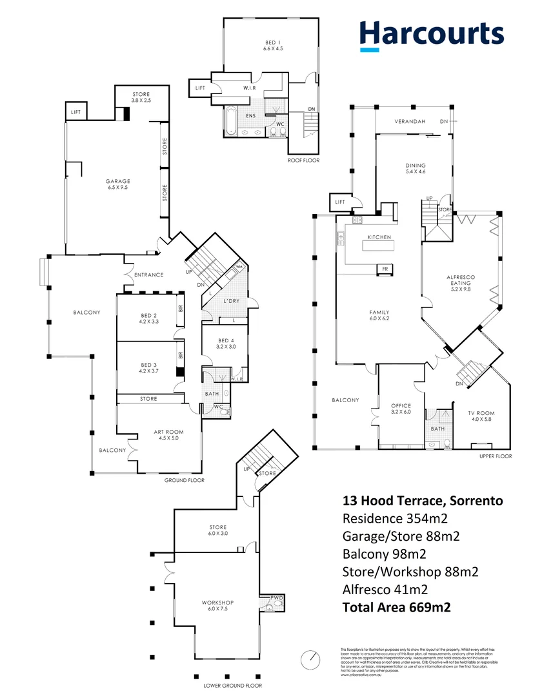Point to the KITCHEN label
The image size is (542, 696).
pos(379,237)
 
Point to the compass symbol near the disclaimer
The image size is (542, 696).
pos(311,660)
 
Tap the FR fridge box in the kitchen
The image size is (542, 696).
pos(385,269)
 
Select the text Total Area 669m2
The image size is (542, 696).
pos(397,606)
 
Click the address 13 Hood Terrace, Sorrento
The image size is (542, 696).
pos(423,501)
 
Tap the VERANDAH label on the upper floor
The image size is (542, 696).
pos(411,122)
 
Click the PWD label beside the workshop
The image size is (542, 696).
pos(277,597)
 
